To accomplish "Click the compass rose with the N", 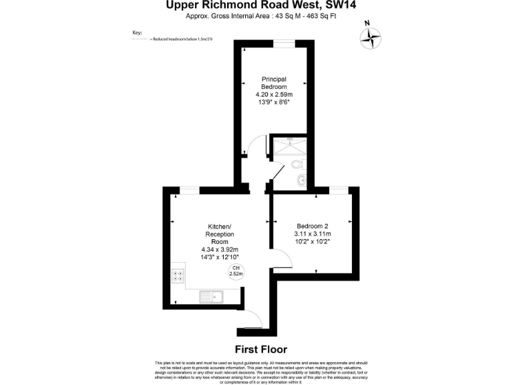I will (370, 37).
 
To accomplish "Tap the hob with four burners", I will (178, 277).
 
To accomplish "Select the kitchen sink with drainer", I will (213, 296).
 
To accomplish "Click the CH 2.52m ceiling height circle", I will (236, 271).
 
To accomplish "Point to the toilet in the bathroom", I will (299, 163).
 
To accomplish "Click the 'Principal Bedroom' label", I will (274, 84).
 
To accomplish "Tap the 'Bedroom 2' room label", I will (312, 226).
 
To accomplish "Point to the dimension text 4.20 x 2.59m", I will (274, 96).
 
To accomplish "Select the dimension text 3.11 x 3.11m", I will (312, 234).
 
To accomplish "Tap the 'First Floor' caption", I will (261, 349).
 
